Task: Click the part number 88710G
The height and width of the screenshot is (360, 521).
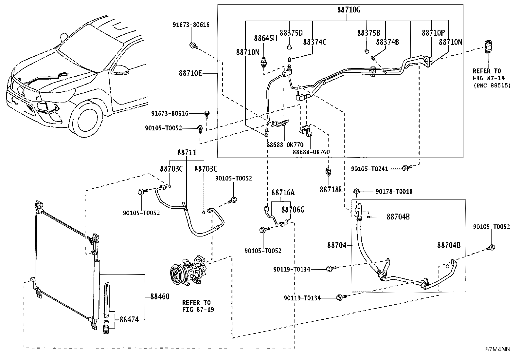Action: pyautogui.click(x=349, y=10)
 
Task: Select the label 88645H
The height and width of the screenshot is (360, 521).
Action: pyautogui.click(x=265, y=38)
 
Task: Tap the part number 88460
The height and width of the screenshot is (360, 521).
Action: pyautogui.click(x=160, y=297)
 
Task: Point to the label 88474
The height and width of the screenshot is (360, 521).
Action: pyautogui.click(x=129, y=319)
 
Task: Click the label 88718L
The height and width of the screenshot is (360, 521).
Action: pyautogui.click(x=331, y=190)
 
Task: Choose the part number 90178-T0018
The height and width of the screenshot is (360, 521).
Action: pyautogui.click(x=394, y=192)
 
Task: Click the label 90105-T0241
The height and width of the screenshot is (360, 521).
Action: pyautogui.click(x=369, y=169)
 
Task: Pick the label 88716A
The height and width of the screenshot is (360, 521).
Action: pyautogui.click(x=283, y=192)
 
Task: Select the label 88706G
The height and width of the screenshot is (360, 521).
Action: pyautogui.click(x=293, y=210)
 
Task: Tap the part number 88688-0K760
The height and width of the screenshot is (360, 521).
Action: pyautogui.click(x=311, y=152)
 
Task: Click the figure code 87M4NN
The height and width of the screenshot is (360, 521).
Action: pyautogui.click(x=498, y=349)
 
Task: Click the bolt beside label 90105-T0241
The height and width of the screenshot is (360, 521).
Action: pyautogui.click(x=407, y=168)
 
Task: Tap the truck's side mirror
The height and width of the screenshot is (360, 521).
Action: pyautogui.click(x=121, y=69)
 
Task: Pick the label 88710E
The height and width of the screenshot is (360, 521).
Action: pyautogui.click(x=190, y=73)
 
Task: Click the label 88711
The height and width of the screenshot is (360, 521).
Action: pyautogui.click(x=187, y=153)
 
